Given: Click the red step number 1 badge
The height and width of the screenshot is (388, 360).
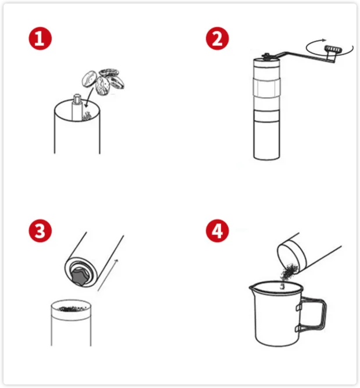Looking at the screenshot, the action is point(40,38).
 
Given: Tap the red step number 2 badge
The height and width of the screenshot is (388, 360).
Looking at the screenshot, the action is point(218,38).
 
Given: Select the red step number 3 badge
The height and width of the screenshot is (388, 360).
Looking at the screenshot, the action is point(40,230).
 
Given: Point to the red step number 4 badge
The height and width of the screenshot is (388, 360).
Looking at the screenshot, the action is point(218,230).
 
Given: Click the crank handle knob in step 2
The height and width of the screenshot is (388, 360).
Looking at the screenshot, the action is point(333,49).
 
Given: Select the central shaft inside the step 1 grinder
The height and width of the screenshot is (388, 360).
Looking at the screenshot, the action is point(77,107).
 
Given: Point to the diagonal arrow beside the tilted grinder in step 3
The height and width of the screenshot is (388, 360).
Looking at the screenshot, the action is point(108,275).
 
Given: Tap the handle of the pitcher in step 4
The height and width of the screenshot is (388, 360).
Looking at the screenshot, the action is point(312,315).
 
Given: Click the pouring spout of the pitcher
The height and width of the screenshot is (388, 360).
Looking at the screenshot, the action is point(252,288).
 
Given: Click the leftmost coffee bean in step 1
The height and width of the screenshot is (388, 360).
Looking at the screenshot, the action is point(89,79).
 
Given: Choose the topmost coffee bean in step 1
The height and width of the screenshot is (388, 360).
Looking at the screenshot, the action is point(109,72).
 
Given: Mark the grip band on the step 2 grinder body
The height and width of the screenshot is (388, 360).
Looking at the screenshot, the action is point(267,88).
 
